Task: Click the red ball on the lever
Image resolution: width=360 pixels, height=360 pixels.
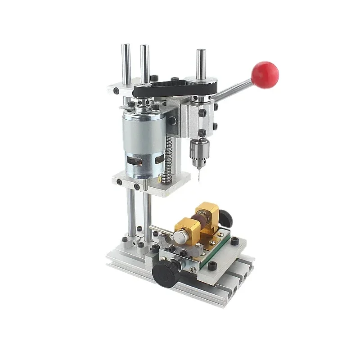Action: [x=265, y=74]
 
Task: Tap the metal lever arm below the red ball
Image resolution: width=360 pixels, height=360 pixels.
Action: [x=234, y=90]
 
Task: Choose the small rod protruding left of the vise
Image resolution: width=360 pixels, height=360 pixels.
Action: [x=157, y=229]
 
